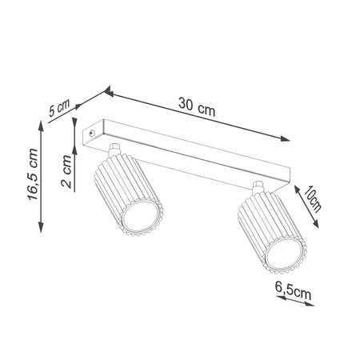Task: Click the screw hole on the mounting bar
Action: click(x=94, y=130)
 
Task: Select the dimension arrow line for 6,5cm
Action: click(x=292, y=303)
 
